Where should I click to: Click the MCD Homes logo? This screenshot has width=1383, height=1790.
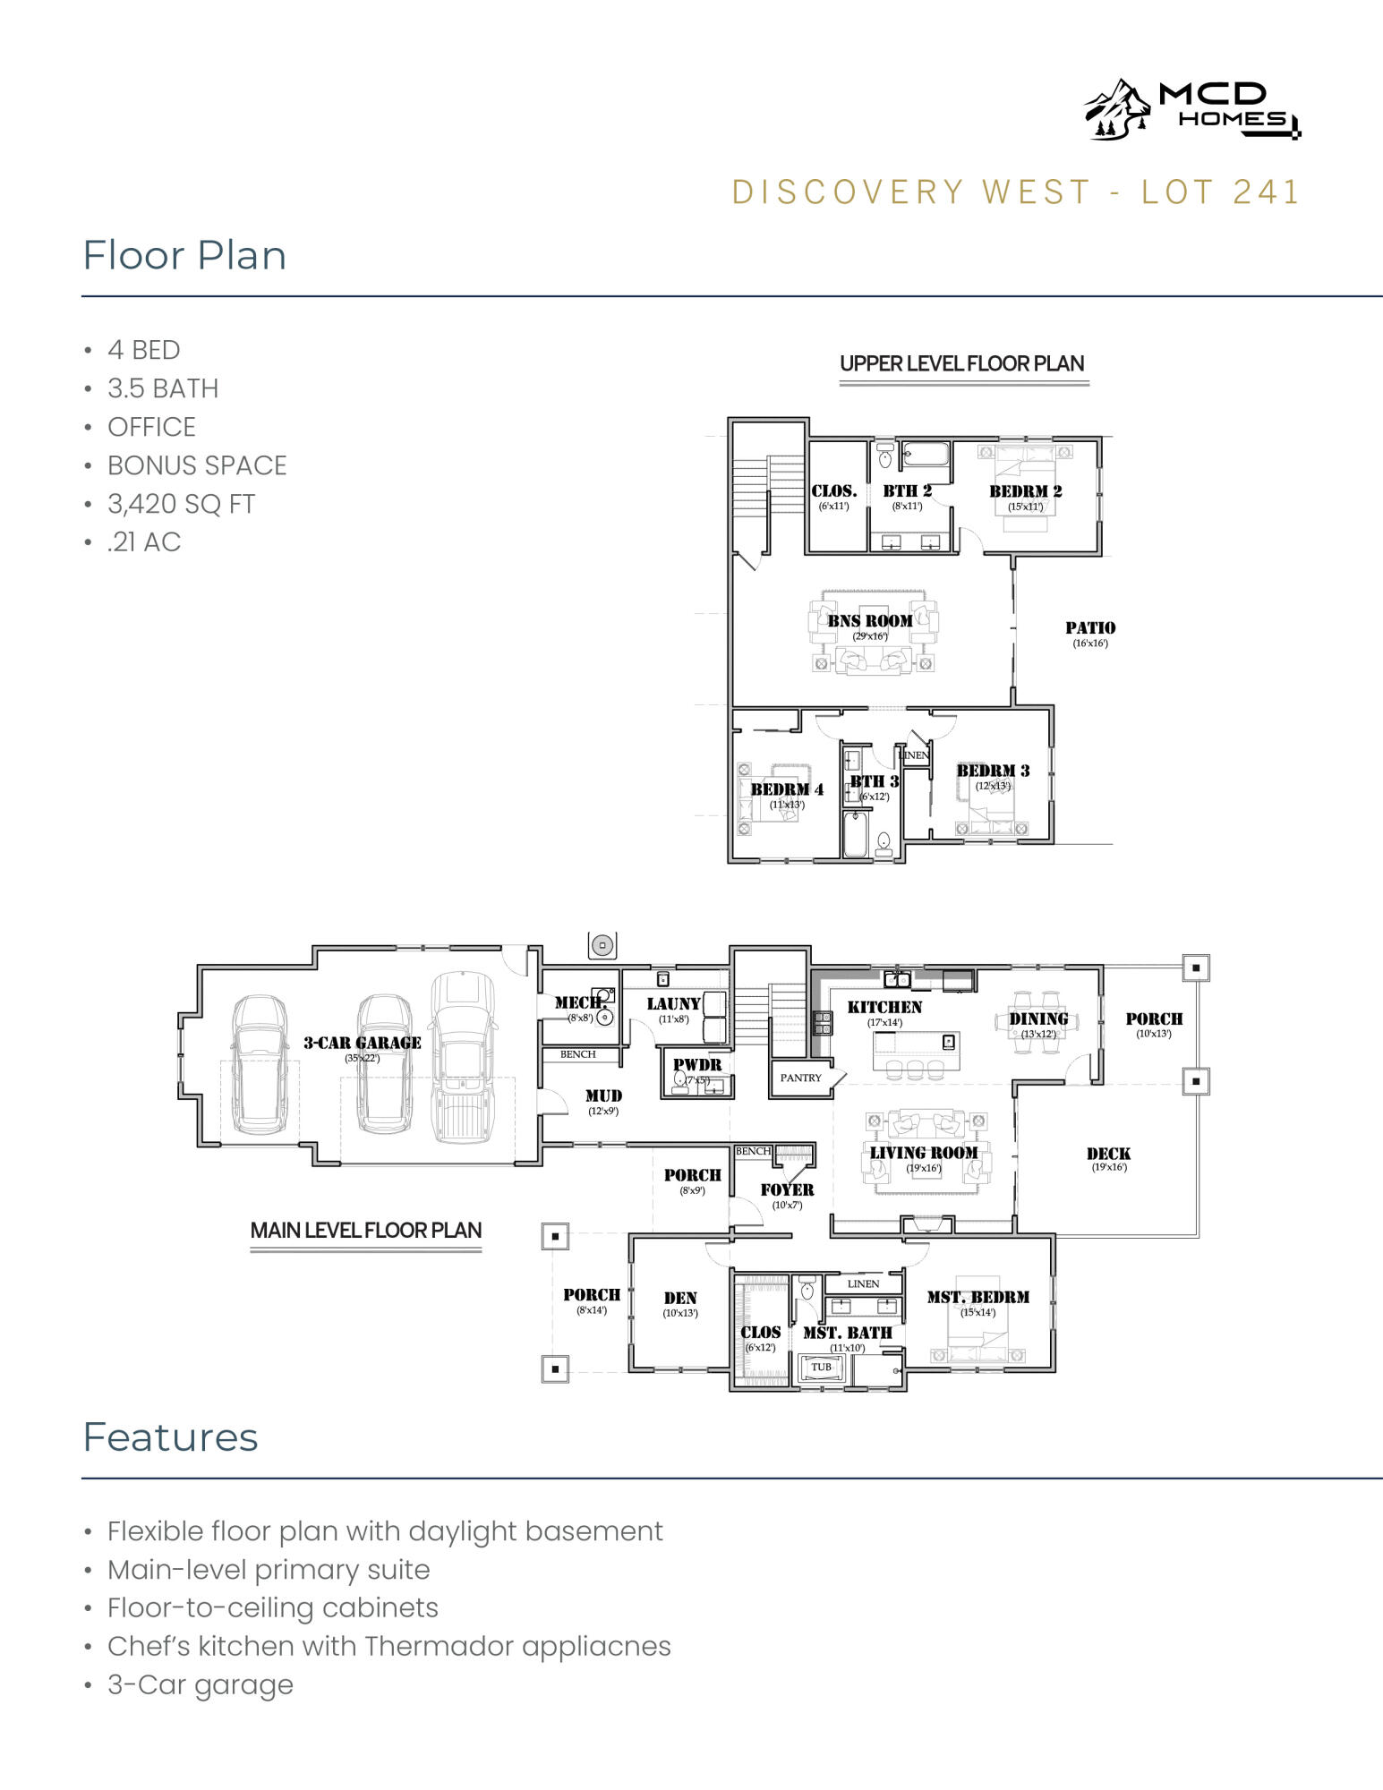pyautogui.click(x=1191, y=109)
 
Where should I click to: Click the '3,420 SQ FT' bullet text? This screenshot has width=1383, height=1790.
pyautogui.click(x=181, y=504)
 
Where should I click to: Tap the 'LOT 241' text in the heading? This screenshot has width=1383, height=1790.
pyautogui.click(x=1220, y=192)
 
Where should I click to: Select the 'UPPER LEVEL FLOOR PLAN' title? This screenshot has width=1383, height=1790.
pyautogui.click(x=961, y=363)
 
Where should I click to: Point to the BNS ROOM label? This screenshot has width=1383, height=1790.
pyautogui.click(x=869, y=621)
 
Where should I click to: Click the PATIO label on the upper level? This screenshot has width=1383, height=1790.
pyautogui.click(x=1089, y=628)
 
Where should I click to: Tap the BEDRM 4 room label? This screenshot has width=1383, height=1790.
pyautogui.click(x=786, y=789)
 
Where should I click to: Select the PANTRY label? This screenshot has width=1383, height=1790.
pyautogui.click(x=800, y=1078)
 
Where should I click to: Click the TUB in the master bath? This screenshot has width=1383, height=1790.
pyautogui.click(x=821, y=1368)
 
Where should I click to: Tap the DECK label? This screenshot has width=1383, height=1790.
pyautogui.click(x=1108, y=1155)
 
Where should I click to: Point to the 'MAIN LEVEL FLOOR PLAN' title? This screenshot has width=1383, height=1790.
pyautogui.click(x=365, y=1231)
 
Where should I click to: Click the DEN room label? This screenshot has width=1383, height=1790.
pyautogui.click(x=680, y=1298)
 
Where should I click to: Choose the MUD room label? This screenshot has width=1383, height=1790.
pyautogui.click(x=603, y=1095)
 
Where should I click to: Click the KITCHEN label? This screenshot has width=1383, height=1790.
pyautogui.click(x=884, y=1008)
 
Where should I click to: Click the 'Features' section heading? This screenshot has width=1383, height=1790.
pyautogui.click(x=170, y=1437)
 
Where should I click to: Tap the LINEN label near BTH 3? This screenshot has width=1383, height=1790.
pyautogui.click(x=914, y=755)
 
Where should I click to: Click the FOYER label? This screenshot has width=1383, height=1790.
pyautogui.click(x=787, y=1189)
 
